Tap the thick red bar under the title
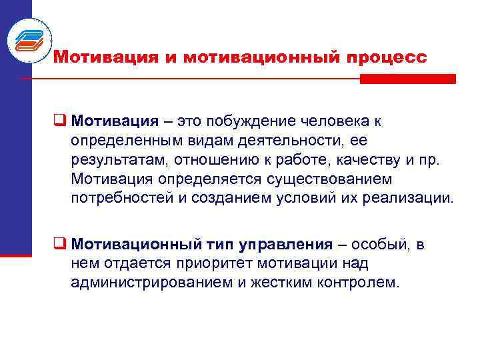coord(407,79)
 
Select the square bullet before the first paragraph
coord(58,122)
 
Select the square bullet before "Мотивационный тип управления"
coord(58,245)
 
